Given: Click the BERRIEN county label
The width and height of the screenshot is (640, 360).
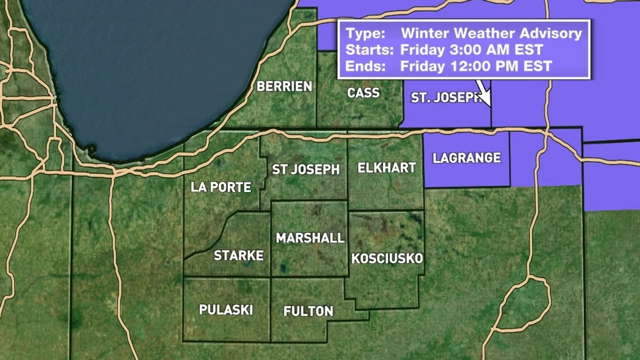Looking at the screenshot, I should tap(285, 86).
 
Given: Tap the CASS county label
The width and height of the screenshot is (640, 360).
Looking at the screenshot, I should tap(363, 93).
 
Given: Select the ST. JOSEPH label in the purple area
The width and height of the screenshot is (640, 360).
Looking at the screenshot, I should tap(445, 97).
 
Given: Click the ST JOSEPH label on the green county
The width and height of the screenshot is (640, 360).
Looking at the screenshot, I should tap(305, 169).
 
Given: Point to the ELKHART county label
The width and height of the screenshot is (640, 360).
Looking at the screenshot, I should tap(386, 168).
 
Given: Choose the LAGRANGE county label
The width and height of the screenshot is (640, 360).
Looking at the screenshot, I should tap(466, 158).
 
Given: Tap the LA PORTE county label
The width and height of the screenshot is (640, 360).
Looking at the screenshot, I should tap(221, 187).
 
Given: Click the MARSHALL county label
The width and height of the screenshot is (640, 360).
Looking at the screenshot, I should tap(310, 238).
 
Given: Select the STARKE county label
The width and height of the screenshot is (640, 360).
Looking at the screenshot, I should tap(239, 255).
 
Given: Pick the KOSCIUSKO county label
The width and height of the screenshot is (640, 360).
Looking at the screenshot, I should tap(387, 258).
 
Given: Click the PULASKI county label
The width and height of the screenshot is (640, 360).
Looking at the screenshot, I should tap(226, 310).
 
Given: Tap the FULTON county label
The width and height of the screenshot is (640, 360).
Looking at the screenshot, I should tap(308, 311).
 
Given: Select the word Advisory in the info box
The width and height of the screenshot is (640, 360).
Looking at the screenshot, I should tap(548, 33).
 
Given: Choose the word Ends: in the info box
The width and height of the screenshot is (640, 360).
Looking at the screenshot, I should tap(366, 66).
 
